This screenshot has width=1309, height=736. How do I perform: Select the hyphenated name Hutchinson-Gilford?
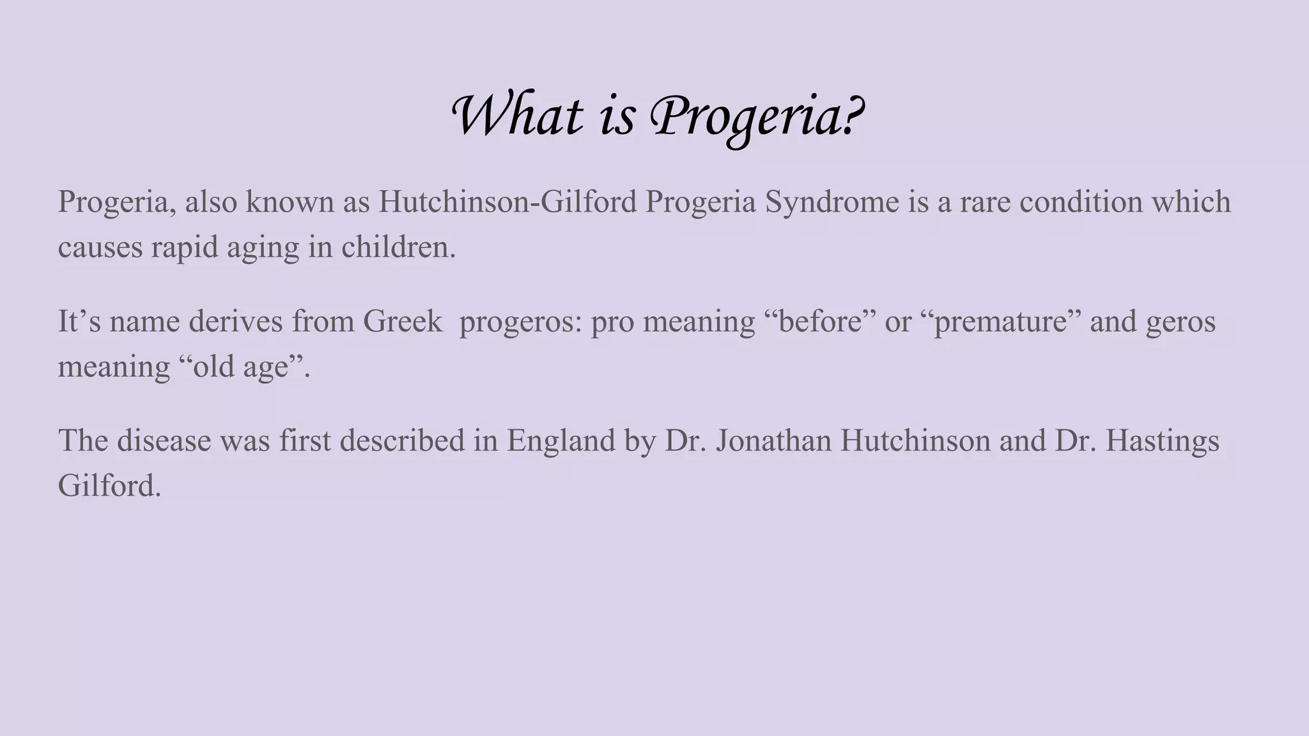point(507,202)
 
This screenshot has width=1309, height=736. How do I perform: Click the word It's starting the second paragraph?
point(79,321)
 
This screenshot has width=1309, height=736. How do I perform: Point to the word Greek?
point(402,321)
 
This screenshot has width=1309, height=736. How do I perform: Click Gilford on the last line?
point(109,486)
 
